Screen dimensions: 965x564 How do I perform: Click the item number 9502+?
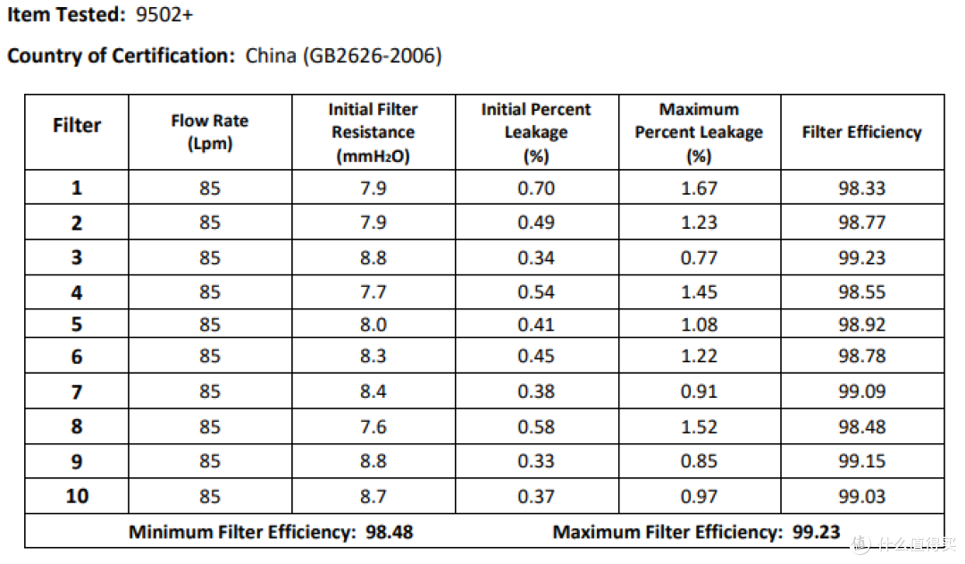click(164, 14)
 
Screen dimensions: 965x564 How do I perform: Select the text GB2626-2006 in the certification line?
click(372, 55)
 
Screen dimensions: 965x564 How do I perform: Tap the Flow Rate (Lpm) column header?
click(210, 131)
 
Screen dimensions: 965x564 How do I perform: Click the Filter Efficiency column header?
click(861, 131)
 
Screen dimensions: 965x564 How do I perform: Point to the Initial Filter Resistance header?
click(373, 132)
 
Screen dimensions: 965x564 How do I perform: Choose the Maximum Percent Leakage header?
click(699, 132)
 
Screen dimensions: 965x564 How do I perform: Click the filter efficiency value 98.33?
click(861, 188)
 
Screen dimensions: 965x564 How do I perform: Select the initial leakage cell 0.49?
click(536, 223)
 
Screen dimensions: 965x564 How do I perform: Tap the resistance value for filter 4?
click(373, 292)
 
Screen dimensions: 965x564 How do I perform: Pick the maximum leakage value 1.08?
click(699, 324)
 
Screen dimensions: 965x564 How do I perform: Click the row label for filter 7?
click(76, 391)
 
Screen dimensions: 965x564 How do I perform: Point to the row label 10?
click(77, 496)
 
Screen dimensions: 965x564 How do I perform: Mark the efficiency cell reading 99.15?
click(861, 460)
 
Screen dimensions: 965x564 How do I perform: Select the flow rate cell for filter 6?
click(210, 356)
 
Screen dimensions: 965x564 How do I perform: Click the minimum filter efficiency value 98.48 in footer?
click(389, 532)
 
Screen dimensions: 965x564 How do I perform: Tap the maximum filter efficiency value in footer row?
click(816, 532)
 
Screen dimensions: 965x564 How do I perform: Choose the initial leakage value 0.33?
click(536, 460)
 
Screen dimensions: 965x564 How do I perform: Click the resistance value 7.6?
click(373, 426)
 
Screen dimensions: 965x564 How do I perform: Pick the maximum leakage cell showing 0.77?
click(699, 257)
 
